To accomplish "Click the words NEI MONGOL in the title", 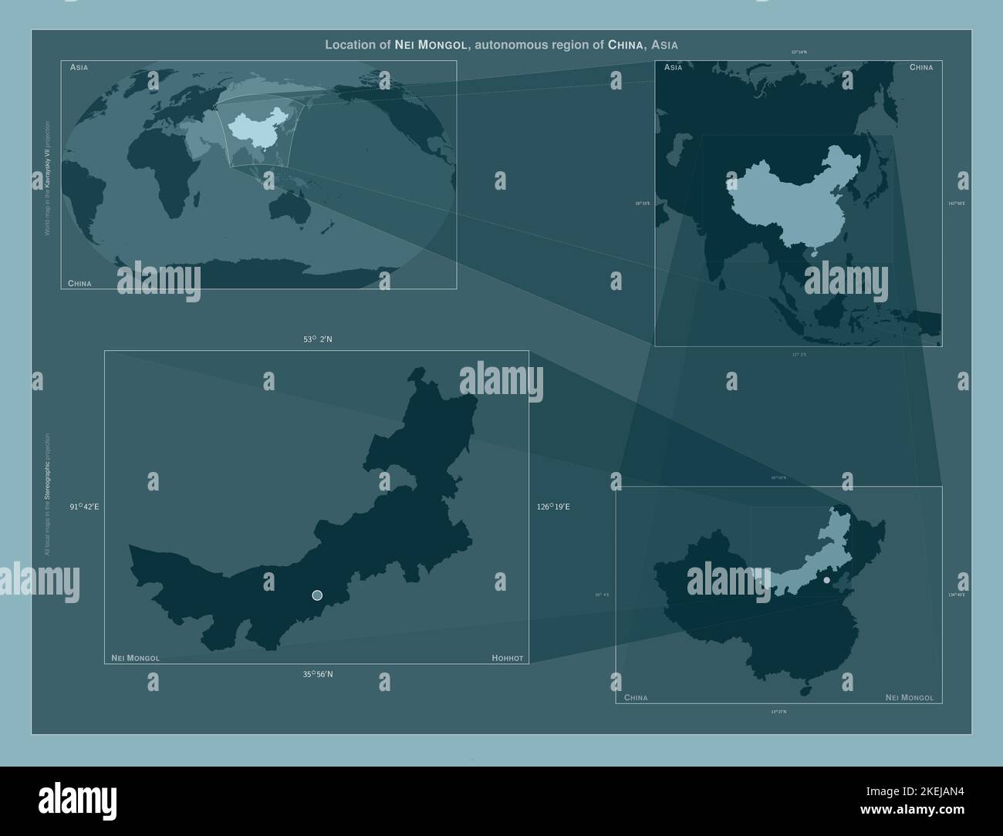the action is click(431, 45).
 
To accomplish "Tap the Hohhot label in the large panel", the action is click(507, 658).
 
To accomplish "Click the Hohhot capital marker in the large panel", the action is click(317, 595).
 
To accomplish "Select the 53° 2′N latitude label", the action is click(318, 339).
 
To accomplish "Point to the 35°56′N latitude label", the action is click(318, 675).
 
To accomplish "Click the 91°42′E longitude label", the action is click(85, 507).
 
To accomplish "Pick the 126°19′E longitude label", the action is click(553, 507).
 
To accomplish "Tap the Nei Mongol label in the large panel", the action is click(136, 658).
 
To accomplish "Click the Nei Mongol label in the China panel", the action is click(909, 698).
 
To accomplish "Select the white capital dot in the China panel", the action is click(826, 580).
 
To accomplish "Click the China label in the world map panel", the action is click(79, 283).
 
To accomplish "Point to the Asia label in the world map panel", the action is click(79, 68).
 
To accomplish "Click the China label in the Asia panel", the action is click(920, 68).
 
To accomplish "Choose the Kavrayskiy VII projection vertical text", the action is click(47, 177).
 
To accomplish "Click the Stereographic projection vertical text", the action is click(47, 494).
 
